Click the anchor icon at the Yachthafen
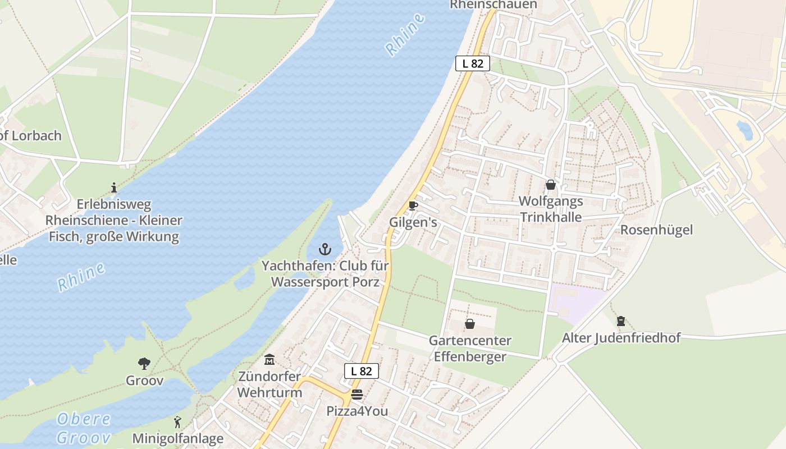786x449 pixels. click(325, 249)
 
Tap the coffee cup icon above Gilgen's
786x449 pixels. click(413, 205)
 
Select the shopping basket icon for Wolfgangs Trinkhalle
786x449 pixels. click(551, 185)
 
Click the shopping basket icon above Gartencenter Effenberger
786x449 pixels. click(470, 324)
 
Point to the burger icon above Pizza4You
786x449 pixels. click(357, 395)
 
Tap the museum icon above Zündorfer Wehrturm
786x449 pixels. click(269, 359)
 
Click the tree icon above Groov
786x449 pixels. click(144, 364)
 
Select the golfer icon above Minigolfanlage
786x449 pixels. click(178, 421)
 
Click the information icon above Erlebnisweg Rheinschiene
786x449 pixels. click(114, 187)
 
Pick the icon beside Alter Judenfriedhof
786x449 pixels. click(621, 321)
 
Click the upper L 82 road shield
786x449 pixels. click(473, 63)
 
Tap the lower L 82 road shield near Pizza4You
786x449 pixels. click(362, 370)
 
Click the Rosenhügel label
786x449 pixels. click(656, 230)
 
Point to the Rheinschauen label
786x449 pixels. click(493, 4)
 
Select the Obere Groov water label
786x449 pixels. click(84, 428)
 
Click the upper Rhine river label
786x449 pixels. click(405, 35)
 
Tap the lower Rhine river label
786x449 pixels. click(81, 277)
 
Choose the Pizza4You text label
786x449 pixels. click(357, 411)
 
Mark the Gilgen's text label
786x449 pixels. click(413, 222)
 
